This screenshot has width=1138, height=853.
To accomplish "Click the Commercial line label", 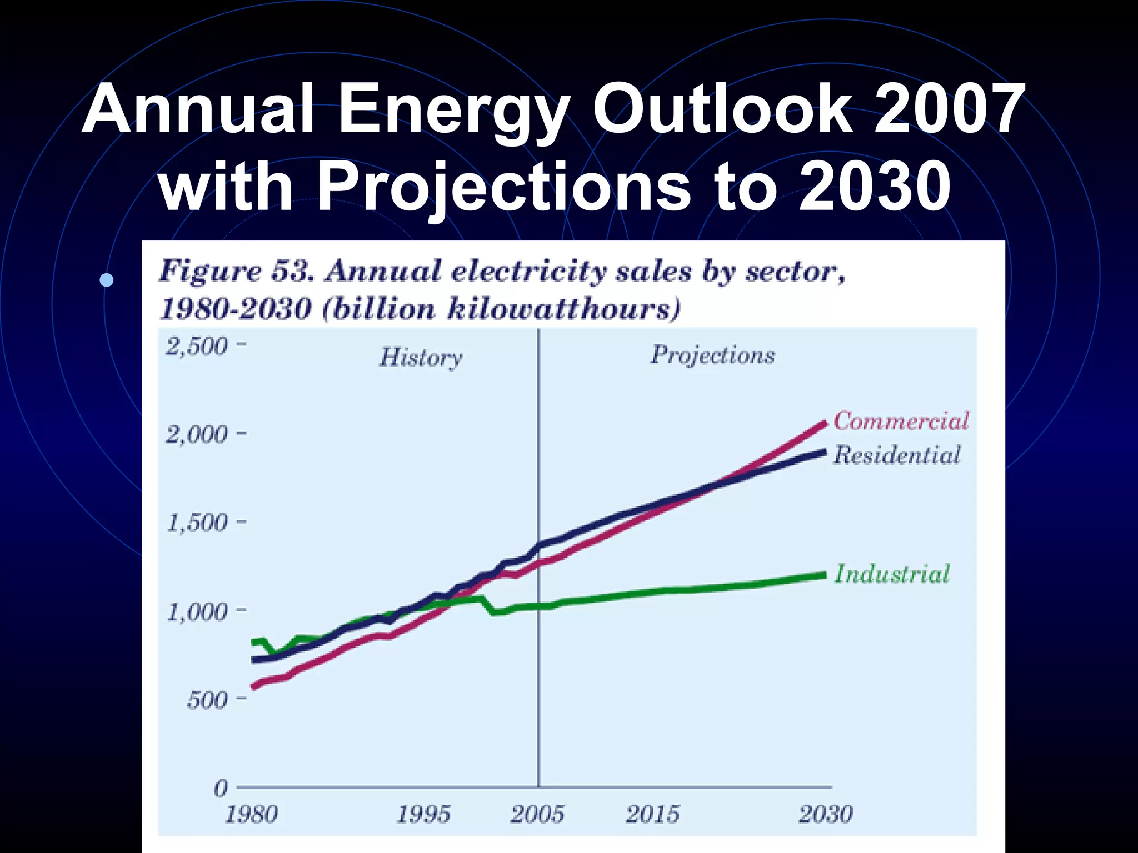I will [901, 421].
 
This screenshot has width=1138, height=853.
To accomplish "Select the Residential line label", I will [897, 455].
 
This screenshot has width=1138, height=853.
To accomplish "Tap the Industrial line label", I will [892, 574].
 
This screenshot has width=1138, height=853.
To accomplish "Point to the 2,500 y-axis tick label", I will [197, 347].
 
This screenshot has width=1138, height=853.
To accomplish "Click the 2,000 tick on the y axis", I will [197, 434].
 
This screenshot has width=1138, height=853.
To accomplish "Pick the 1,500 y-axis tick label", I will [197, 523].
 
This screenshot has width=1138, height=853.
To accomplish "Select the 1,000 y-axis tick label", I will [197, 612].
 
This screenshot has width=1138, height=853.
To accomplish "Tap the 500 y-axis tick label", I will [207, 700].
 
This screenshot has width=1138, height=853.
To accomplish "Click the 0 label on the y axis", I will [221, 788].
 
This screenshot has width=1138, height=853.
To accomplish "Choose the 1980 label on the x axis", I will [251, 815].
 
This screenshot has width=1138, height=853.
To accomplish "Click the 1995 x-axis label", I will [423, 815].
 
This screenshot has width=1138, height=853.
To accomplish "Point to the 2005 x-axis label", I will [537, 815].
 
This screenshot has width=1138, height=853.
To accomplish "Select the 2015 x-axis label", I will [652, 815].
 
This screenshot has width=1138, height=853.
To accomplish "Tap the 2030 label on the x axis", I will [825, 815].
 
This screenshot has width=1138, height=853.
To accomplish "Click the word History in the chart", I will [421, 357].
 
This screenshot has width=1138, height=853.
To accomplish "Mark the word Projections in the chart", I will [712, 355].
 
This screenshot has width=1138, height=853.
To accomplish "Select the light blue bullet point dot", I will [107, 279].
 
